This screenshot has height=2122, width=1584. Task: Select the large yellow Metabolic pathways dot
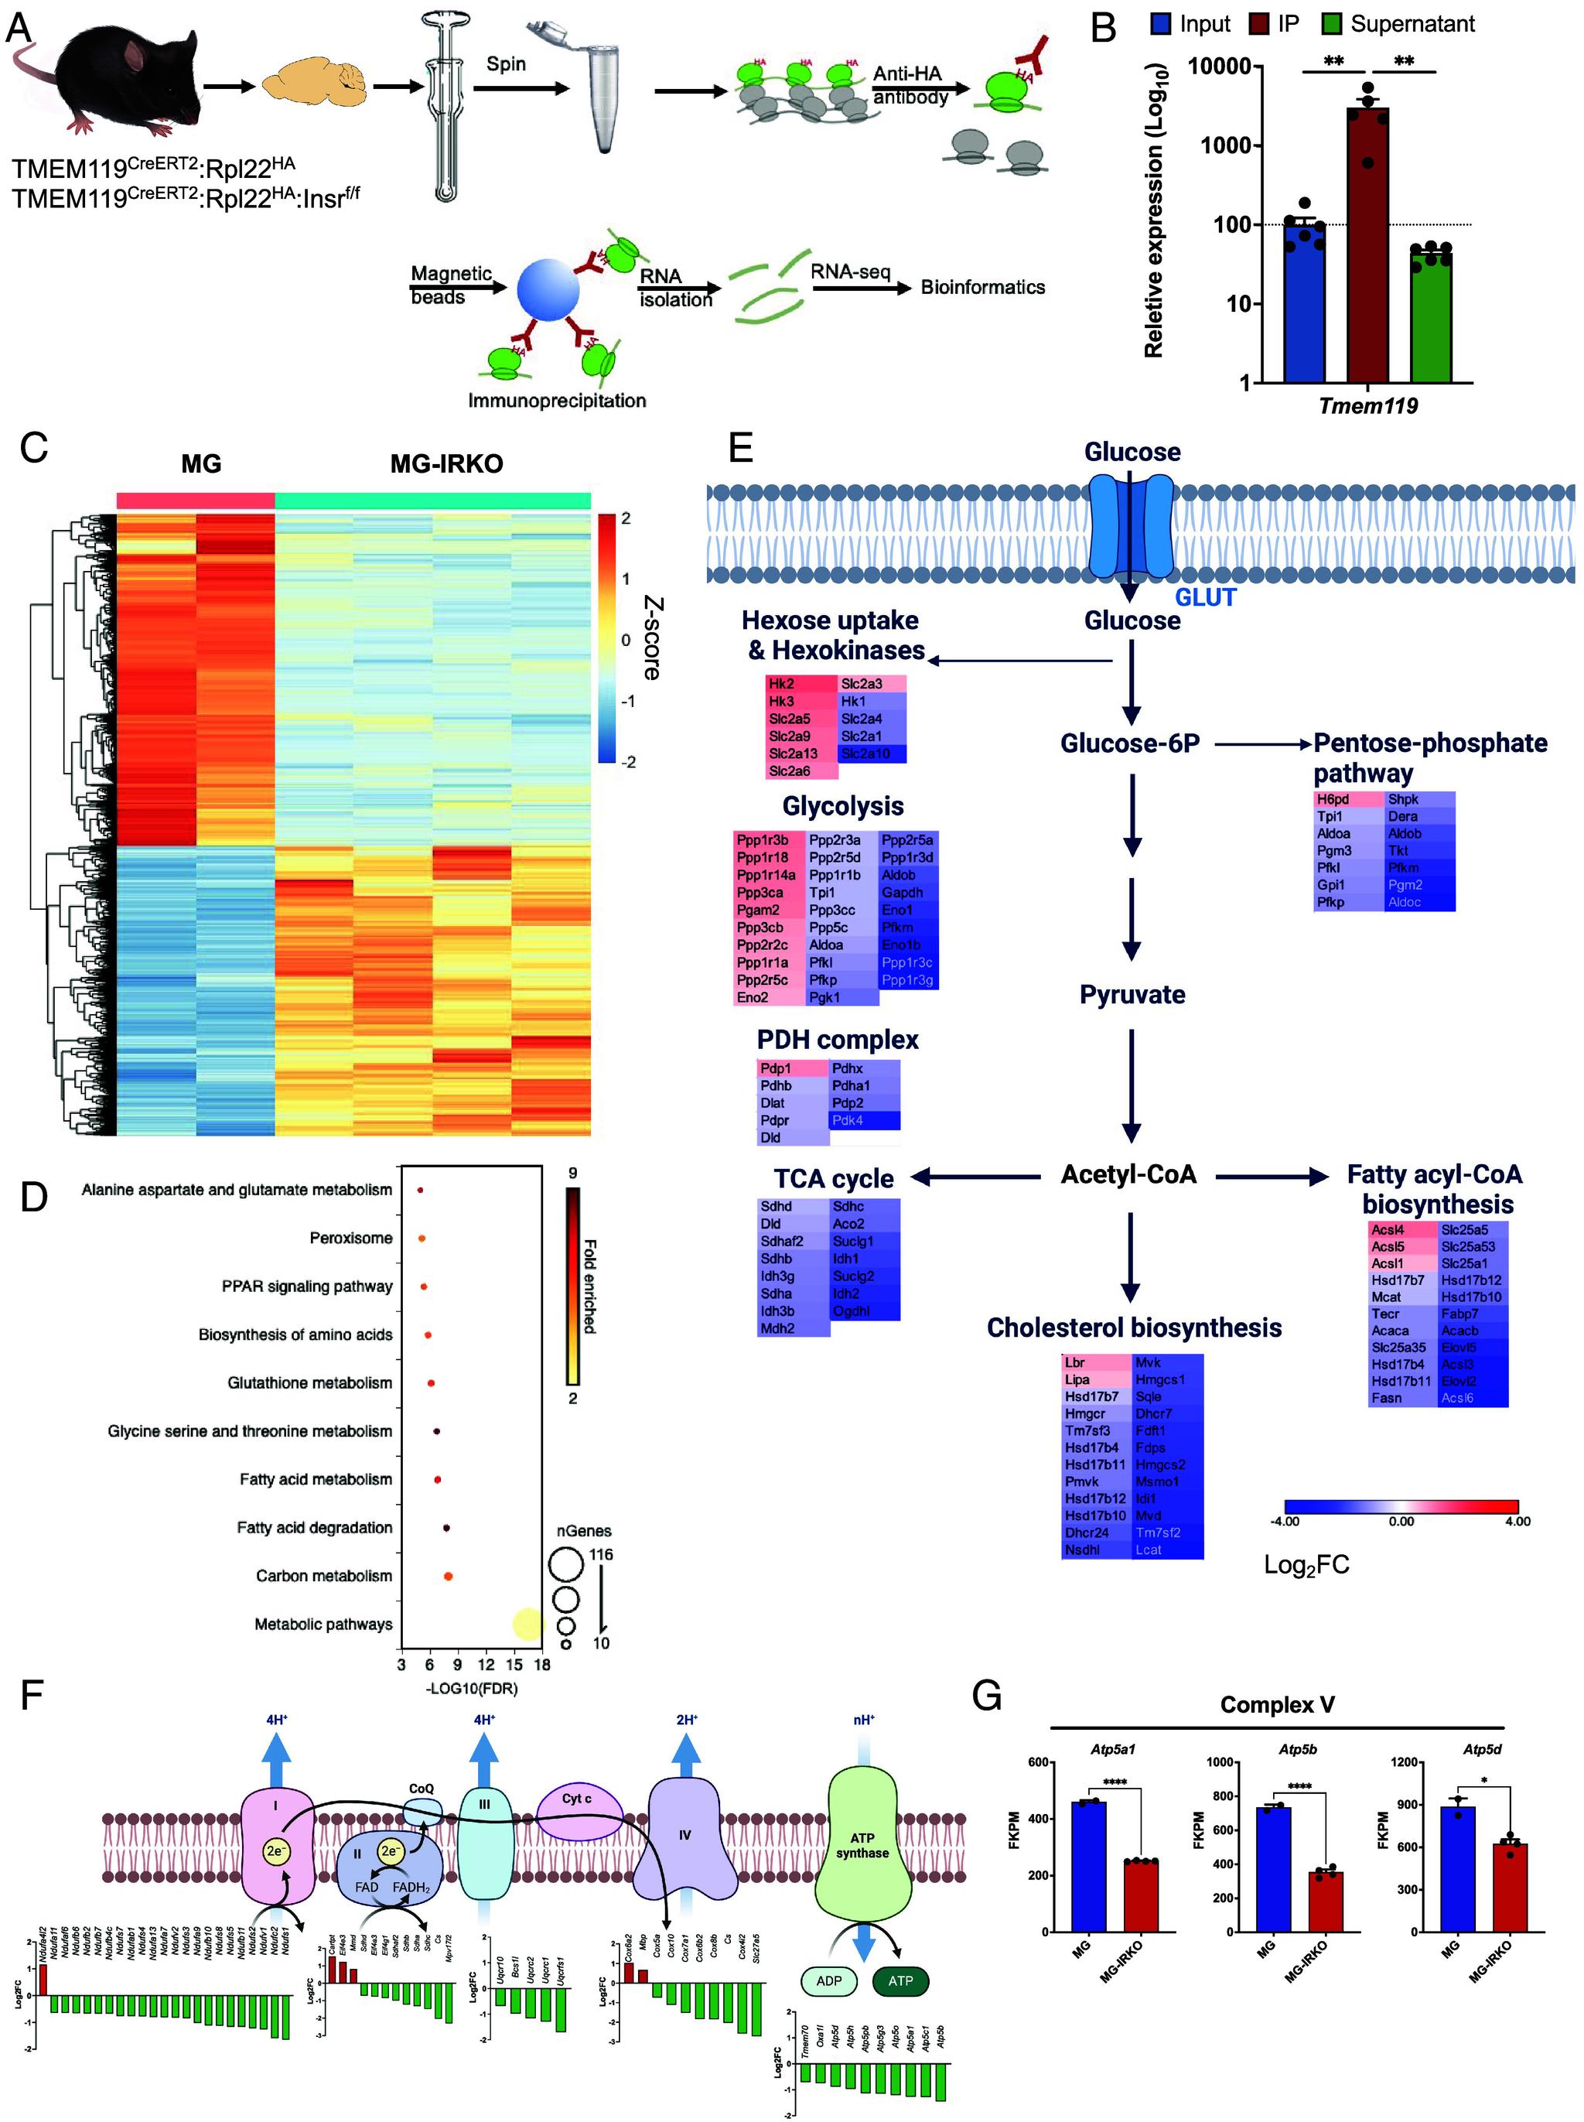click(x=527, y=1623)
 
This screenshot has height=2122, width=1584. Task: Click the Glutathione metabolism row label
click(x=309, y=1382)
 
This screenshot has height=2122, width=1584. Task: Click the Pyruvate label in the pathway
click(x=1132, y=994)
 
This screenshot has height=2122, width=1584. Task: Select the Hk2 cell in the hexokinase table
click(x=801, y=684)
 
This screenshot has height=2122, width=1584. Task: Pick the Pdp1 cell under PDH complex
click(x=792, y=1068)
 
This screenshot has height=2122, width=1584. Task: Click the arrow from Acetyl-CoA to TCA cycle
click(x=975, y=1176)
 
